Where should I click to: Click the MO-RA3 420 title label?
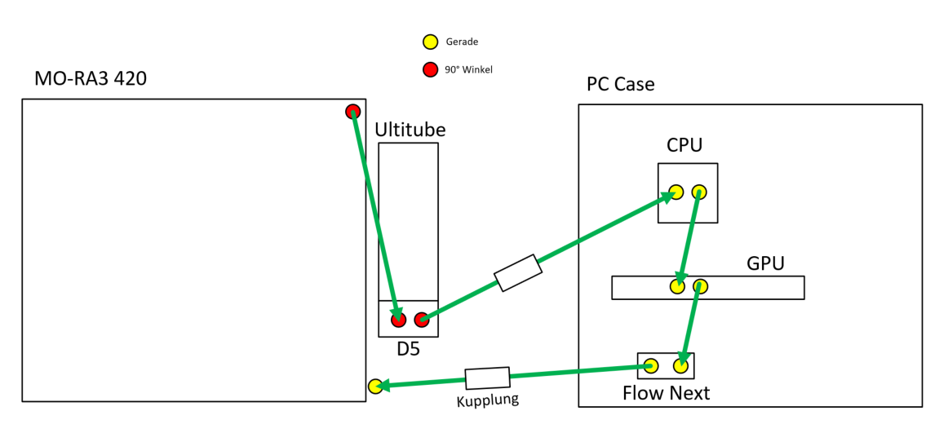(90, 79)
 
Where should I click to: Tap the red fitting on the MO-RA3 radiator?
(352, 112)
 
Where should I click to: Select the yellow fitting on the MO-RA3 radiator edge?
(374, 387)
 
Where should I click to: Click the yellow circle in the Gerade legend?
(429, 42)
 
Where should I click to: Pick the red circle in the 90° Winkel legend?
(429, 69)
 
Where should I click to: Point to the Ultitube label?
(410, 130)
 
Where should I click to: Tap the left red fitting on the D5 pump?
(398, 320)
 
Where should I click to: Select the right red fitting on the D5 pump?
(421, 320)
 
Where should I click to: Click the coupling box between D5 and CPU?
(518, 273)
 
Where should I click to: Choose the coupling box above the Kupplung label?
(487, 378)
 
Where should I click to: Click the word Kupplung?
(488, 400)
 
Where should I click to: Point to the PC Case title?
(620, 85)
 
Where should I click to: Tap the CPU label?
(684, 146)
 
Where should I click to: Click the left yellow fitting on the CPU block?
(676, 192)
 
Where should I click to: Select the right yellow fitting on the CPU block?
(699, 192)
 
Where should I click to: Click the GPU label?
(765, 263)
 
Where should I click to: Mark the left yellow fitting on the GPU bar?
(677, 286)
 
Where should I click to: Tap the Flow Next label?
(666, 393)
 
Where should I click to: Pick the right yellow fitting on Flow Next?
(680, 366)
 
